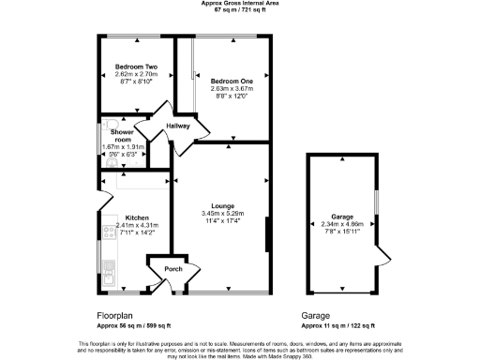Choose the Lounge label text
click(222, 205)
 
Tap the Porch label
click(172, 269)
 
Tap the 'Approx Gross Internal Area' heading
click(239, 3)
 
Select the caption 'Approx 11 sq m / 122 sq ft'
click(340, 325)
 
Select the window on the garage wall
click(375, 202)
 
